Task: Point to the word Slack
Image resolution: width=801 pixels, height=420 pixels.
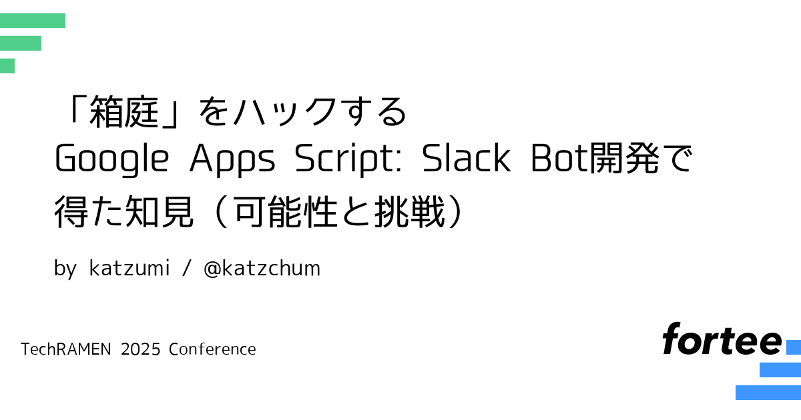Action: click(x=467, y=158)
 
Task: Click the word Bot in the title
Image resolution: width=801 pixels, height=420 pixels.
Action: click(x=559, y=159)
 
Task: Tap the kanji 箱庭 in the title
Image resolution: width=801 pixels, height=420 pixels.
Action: click(x=123, y=112)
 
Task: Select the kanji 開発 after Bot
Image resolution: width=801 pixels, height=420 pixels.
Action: click(x=624, y=158)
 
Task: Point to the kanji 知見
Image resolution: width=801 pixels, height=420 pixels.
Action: click(x=159, y=211)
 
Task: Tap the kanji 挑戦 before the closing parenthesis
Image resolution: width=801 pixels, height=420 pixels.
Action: click(x=409, y=211)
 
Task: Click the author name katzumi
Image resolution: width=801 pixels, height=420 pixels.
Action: click(x=129, y=268)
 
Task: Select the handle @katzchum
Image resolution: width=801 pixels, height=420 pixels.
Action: click(x=262, y=269)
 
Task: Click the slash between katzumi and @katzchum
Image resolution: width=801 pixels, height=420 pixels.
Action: click(x=187, y=268)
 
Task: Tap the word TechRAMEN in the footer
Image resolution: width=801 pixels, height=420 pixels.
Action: click(x=66, y=349)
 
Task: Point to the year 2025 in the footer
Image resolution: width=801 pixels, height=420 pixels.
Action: click(x=141, y=349)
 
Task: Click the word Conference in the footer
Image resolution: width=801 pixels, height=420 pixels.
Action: click(x=212, y=349)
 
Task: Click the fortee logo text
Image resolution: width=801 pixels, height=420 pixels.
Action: click(x=722, y=339)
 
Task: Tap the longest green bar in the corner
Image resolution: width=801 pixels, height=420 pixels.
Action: click(x=33, y=21)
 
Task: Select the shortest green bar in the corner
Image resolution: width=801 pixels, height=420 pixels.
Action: click(x=7, y=66)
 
